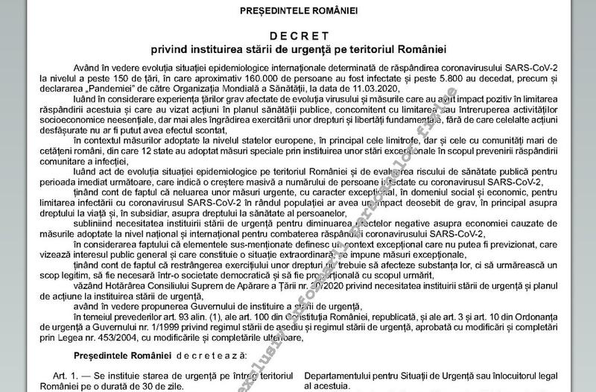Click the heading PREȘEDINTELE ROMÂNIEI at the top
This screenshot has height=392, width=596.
click(299, 12)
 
